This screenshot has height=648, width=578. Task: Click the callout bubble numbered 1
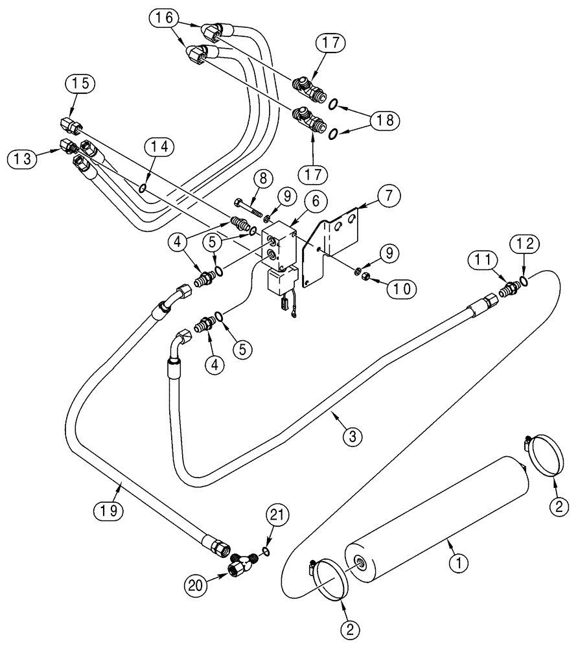[x=459, y=564]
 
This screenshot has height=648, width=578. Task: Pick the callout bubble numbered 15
[x=83, y=84]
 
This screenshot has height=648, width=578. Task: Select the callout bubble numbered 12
[x=526, y=244]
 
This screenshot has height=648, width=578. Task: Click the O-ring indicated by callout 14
[x=141, y=189]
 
